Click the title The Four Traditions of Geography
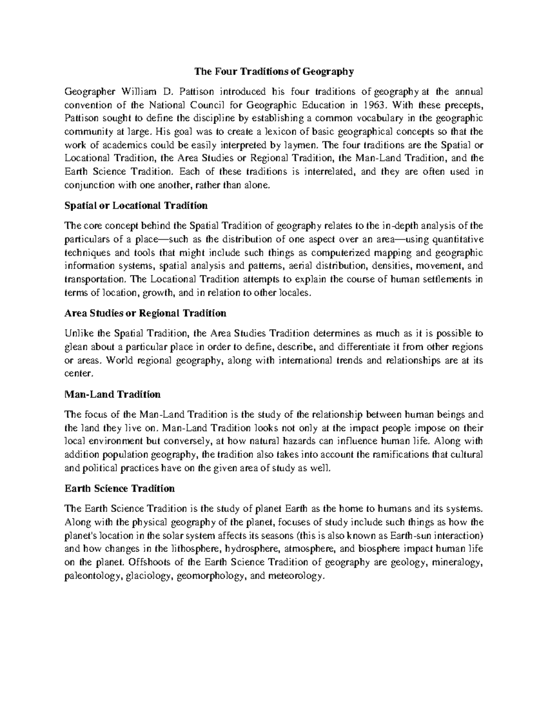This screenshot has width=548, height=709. tap(274, 72)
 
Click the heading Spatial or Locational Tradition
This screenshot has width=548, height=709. tap(136, 205)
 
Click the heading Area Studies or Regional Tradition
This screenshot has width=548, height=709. tap(145, 313)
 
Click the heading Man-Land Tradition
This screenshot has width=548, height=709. tap(112, 394)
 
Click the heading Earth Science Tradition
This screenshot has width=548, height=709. tap(120, 488)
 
